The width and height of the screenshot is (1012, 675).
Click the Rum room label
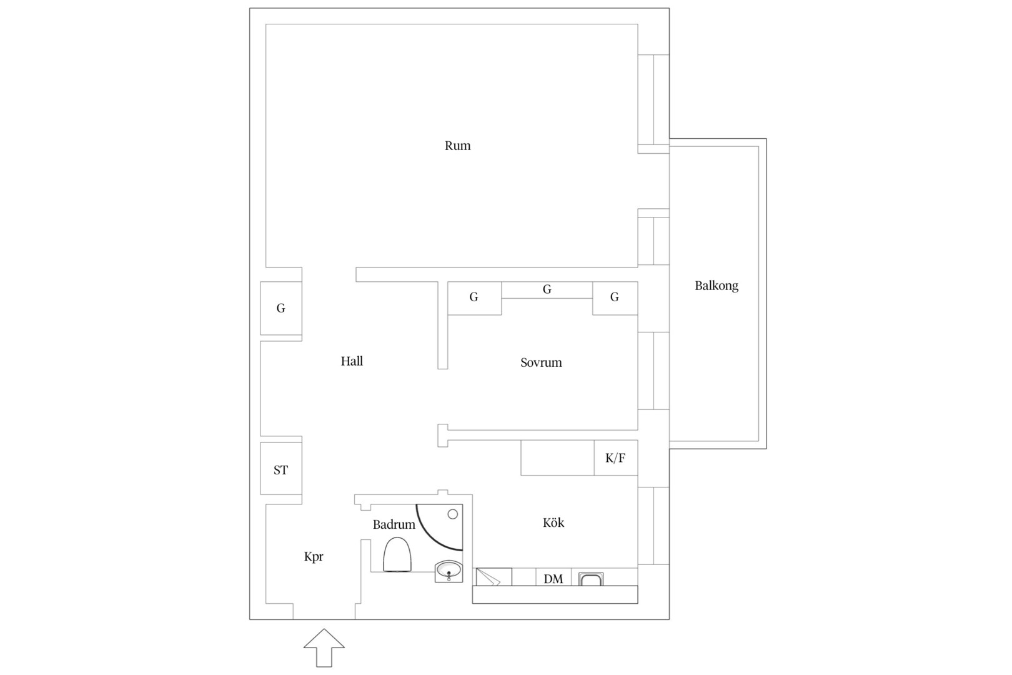(x=457, y=146)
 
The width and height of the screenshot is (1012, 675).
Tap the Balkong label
(x=717, y=286)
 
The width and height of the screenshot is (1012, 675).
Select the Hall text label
(x=352, y=361)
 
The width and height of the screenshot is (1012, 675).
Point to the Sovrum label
(x=541, y=362)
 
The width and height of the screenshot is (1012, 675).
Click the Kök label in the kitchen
(x=553, y=522)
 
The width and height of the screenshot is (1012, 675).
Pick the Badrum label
(x=394, y=524)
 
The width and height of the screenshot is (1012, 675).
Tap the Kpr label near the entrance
(x=314, y=556)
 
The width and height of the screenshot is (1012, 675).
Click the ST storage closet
(x=281, y=468)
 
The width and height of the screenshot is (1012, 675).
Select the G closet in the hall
(x=281, y=308)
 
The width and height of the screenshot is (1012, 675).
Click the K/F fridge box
(x=616, y=457)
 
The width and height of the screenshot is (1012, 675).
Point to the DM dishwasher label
(x=553, y=579)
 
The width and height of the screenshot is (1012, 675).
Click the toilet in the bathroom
(x=397, y=554)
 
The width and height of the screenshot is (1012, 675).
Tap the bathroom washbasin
(x=449, y=571)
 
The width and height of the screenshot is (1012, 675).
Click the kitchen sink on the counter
(x=591, y=579)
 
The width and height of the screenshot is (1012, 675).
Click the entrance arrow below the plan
(x=324, y=647)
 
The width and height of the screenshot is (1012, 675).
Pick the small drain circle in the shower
(x=453, y=514)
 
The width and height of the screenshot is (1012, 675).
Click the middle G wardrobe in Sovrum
(x=547, y=290)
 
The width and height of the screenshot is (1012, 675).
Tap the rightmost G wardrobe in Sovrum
(x=615, y=298)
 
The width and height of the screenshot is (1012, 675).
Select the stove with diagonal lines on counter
(x=494, y=577)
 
